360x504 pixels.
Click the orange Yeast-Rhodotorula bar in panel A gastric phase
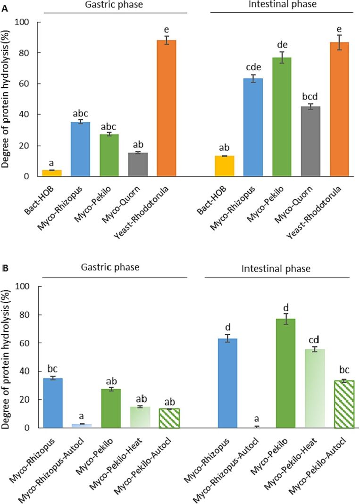(169, 108)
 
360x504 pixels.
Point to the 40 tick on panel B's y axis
(22, 372)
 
